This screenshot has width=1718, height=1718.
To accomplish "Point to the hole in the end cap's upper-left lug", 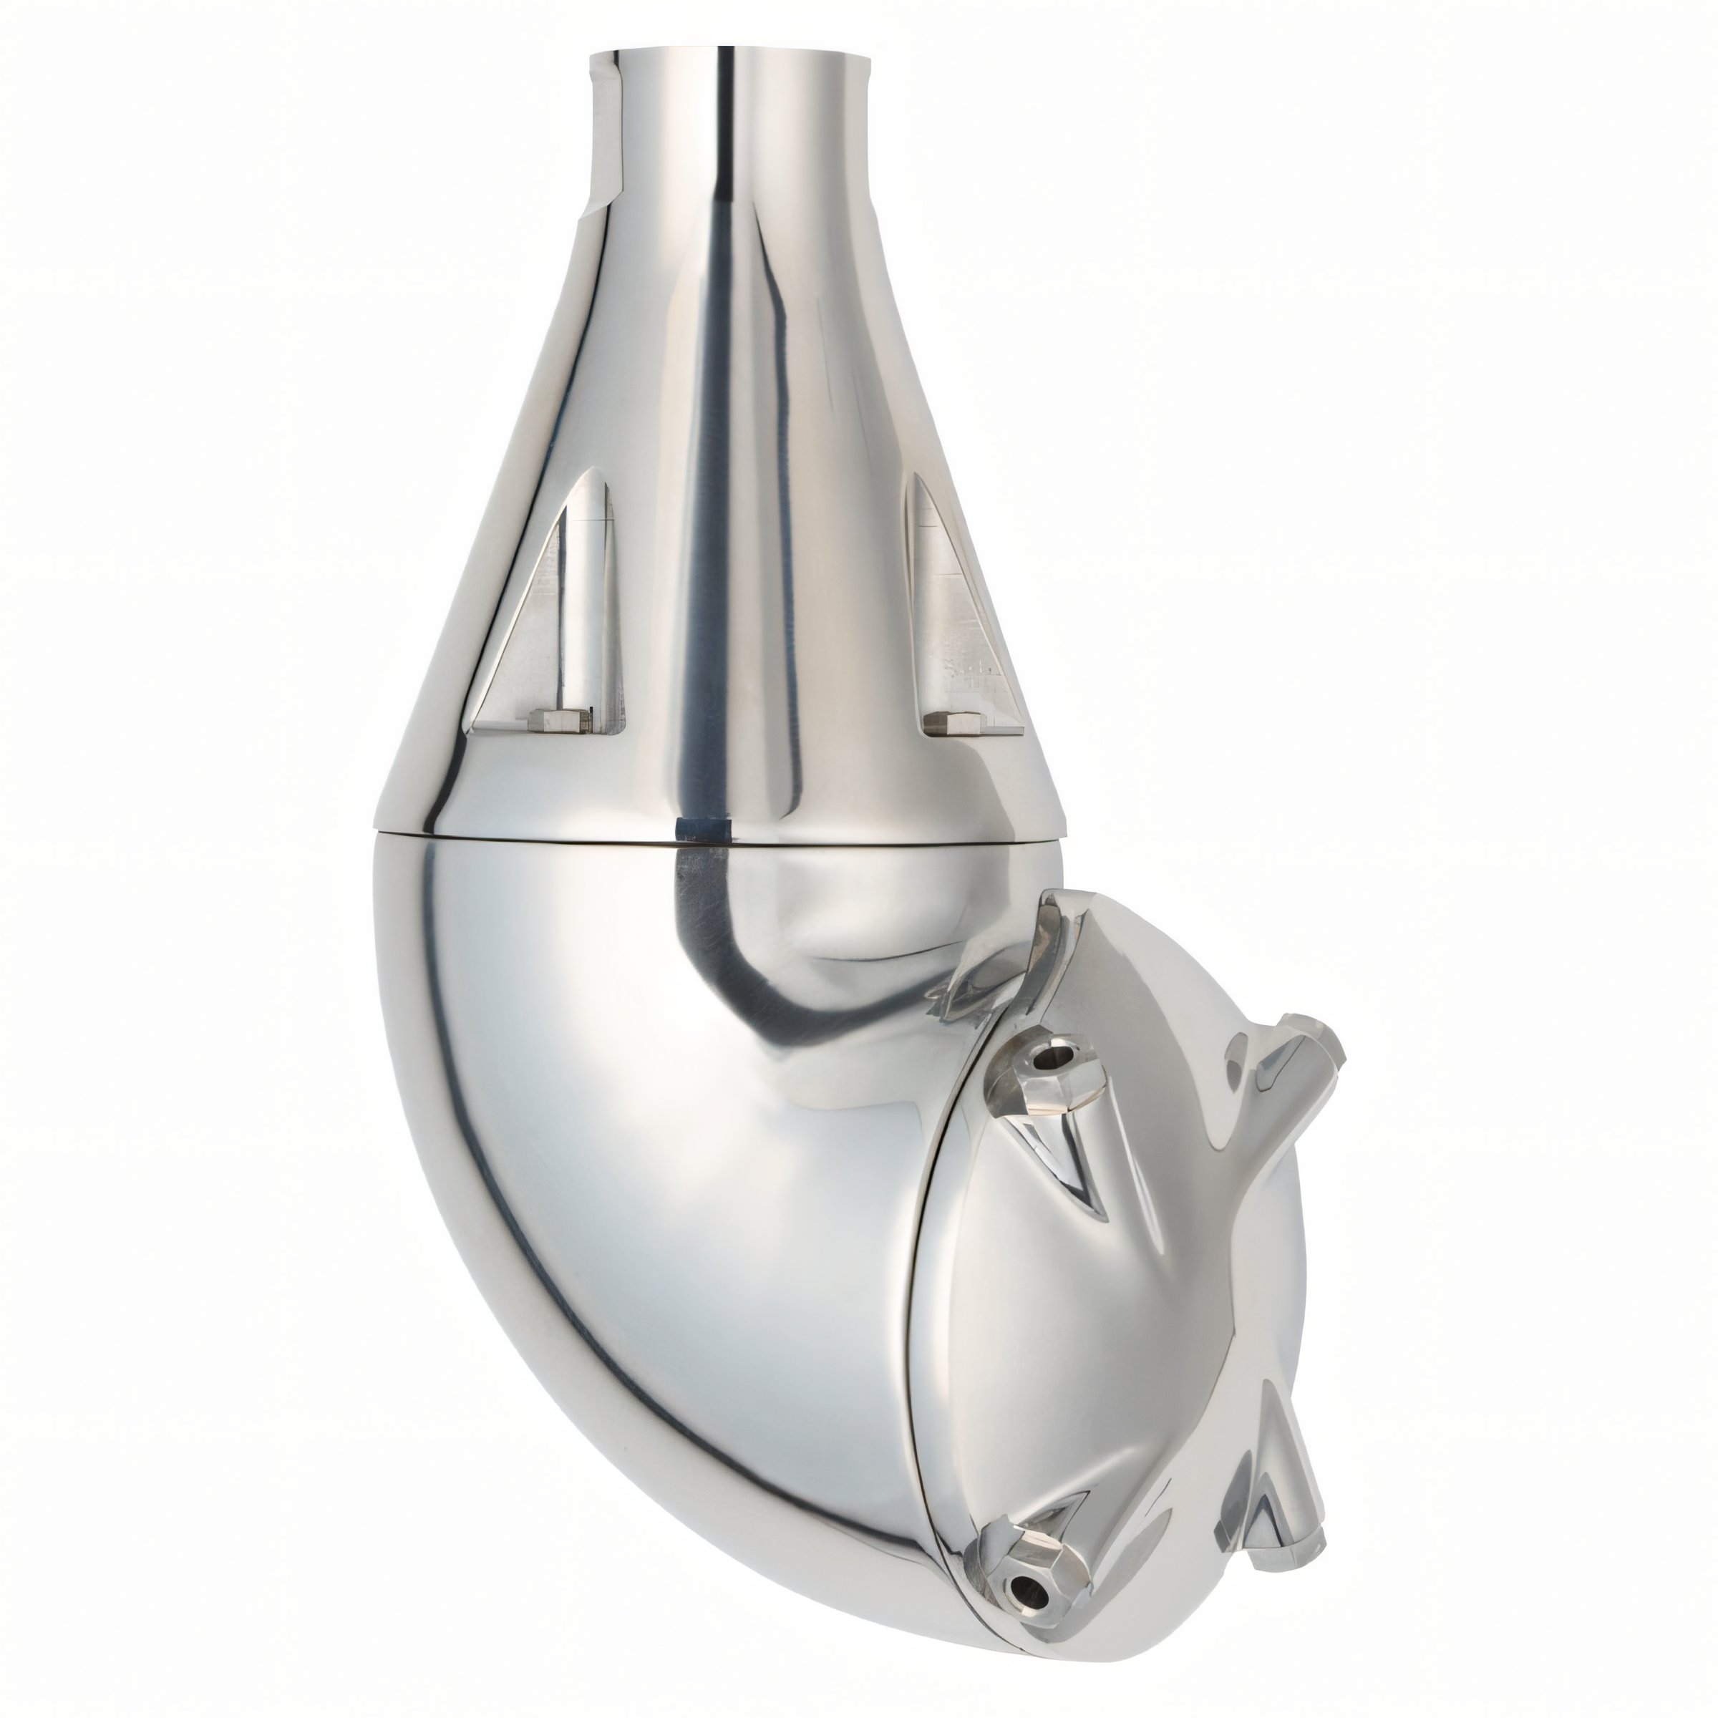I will tap(1056, 1058).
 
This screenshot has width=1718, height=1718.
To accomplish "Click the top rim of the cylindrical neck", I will tap(729, 55).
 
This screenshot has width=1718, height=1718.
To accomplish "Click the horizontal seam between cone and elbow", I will tap(533, 836).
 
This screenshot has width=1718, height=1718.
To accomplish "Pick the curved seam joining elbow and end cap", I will tap(925, 1334).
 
